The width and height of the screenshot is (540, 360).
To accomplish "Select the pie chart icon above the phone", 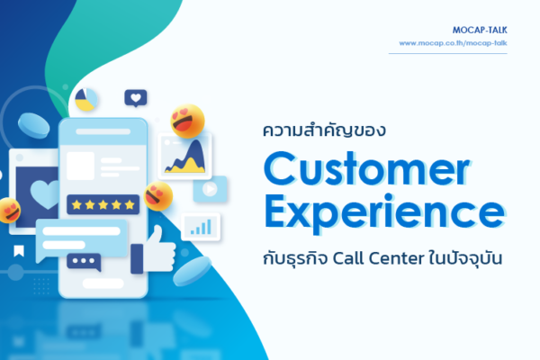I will [85, 100].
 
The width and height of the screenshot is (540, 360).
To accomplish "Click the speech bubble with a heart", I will [135, 97].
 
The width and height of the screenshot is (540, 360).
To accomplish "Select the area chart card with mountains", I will [185, 156].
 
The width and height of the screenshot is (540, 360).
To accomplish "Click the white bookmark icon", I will [18, 250].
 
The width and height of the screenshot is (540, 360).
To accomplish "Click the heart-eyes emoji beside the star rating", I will [158, 194].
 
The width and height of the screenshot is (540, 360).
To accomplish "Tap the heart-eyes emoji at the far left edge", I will [9, 210].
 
